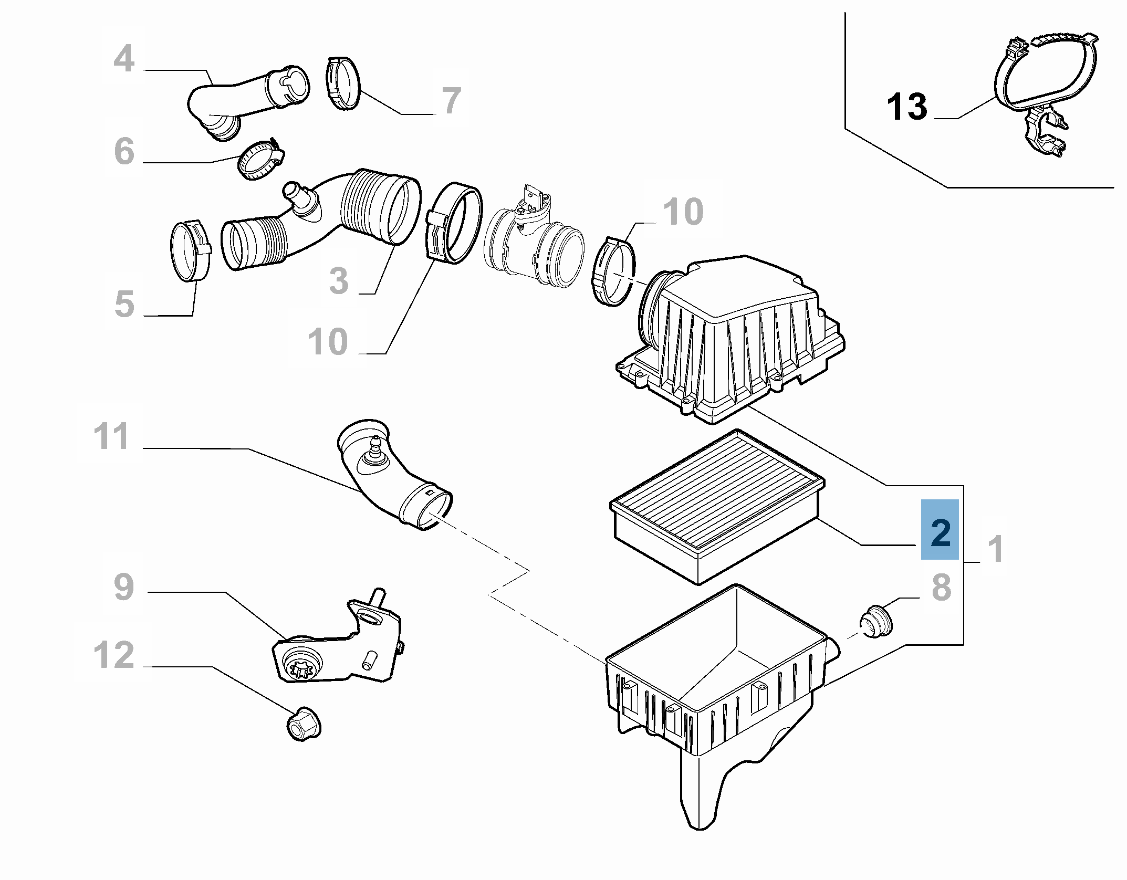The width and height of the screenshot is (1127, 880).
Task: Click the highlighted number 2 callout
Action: point(940,533)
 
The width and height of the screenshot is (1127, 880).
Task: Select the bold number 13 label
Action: point(907,107)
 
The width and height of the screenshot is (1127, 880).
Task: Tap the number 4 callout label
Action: point(124,59)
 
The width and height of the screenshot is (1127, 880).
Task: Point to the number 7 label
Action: point(451,101)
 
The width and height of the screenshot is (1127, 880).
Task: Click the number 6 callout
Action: point(124,151)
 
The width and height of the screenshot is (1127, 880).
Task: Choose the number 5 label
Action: point(124,303)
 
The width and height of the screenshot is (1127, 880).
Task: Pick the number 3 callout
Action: point(339,280)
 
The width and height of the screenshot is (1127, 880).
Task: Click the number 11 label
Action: point(111,436)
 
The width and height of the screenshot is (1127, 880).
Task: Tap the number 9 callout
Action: point(124,587)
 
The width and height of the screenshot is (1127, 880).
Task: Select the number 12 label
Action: point(113,655)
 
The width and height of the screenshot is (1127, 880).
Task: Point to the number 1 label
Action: point(995,549)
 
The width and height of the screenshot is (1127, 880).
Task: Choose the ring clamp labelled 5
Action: point(191,251)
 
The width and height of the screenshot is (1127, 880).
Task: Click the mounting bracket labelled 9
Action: point(336,651)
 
